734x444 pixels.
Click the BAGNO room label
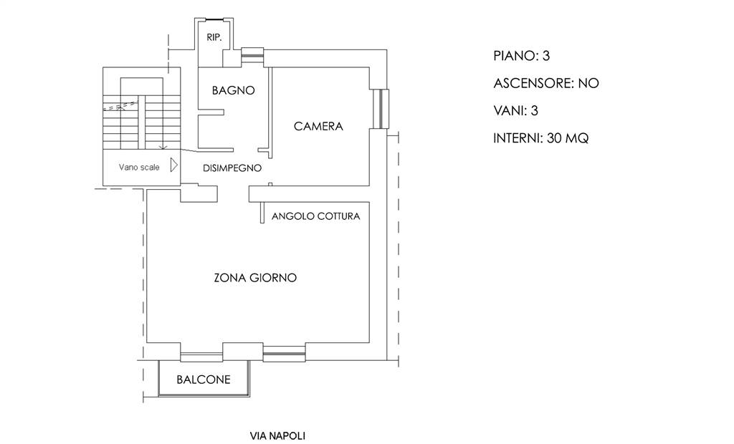234,91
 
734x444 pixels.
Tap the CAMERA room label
318,127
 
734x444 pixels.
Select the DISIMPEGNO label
232,168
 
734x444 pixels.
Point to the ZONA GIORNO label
255,278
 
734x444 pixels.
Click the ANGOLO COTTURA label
315,216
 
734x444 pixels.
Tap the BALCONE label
204,380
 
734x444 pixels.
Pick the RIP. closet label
214,37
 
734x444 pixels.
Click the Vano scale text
139,168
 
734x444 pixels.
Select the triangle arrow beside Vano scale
173,166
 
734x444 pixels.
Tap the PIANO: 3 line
521,56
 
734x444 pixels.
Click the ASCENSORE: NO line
545,84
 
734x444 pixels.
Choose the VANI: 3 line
515,111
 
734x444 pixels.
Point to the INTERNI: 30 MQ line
540,139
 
